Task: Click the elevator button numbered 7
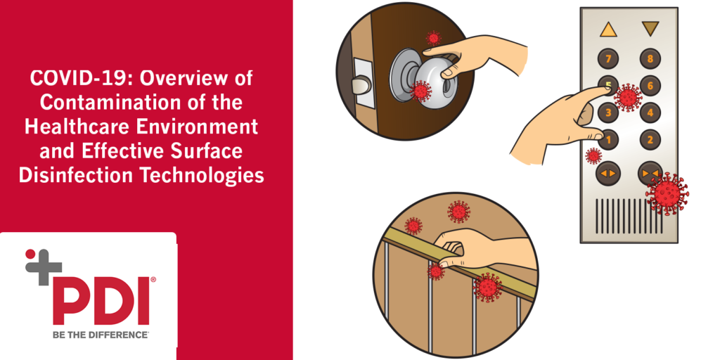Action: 608,58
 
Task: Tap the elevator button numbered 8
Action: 650,58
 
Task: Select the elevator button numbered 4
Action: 650,112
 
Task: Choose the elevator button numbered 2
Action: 650,140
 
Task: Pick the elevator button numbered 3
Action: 608,112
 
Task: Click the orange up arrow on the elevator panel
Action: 608,30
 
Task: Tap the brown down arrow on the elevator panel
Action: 650,29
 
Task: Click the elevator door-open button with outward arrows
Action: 608,173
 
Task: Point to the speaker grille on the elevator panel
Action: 629,216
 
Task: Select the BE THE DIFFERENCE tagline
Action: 101,335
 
